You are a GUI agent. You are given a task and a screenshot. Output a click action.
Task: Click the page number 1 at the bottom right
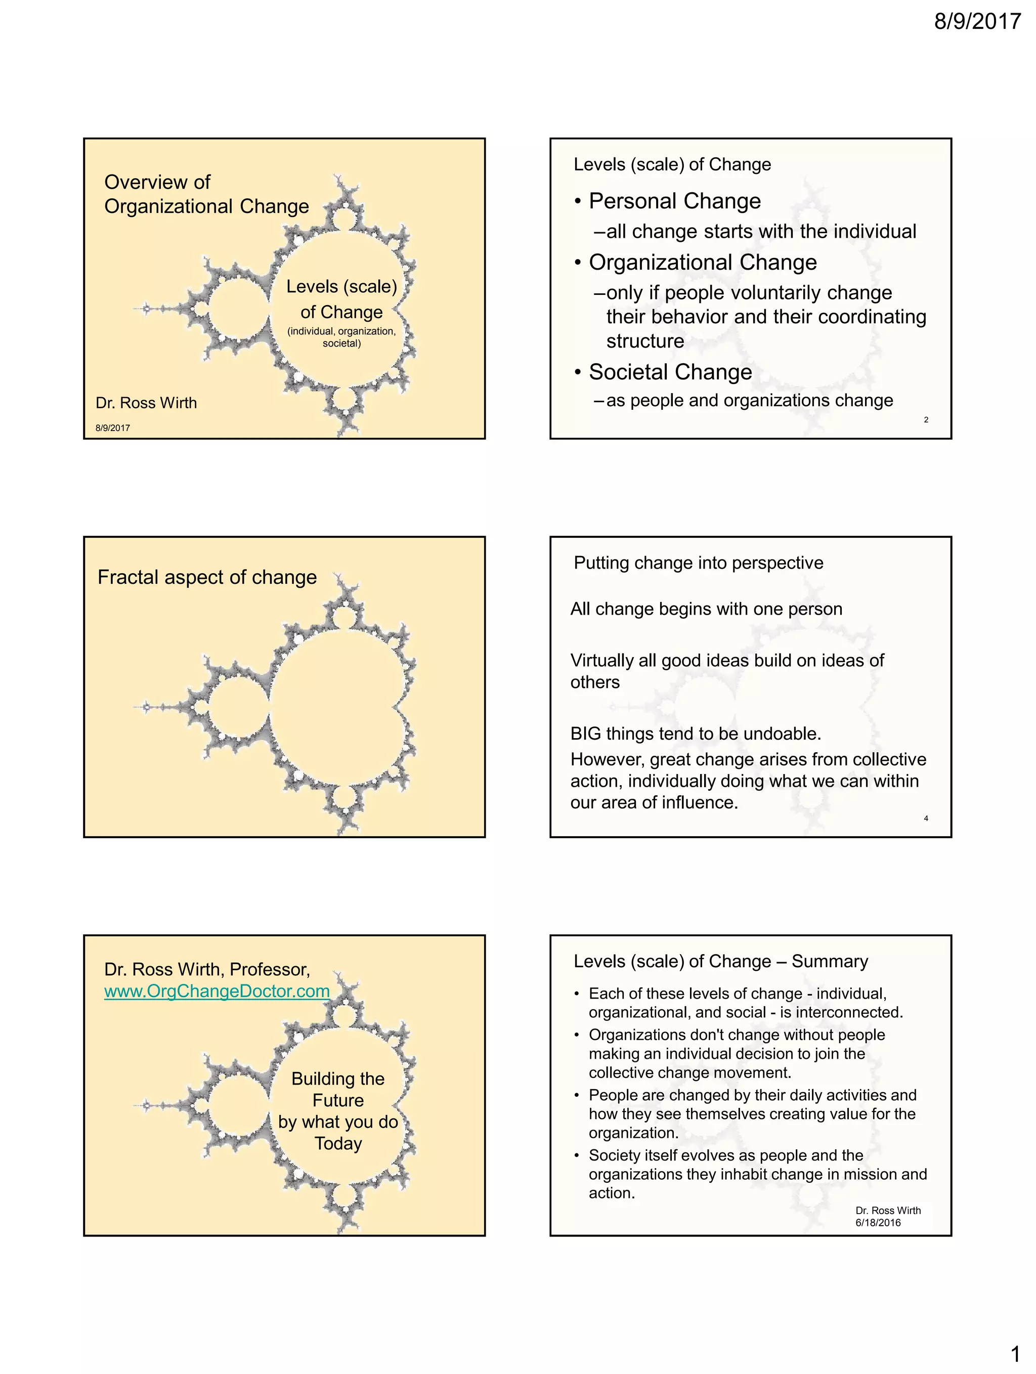click(x=1015, y=1353)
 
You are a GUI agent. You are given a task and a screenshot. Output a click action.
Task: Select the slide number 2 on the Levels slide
click(x=925, y=420)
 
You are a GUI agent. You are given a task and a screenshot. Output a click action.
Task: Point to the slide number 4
click(x=925, y=819)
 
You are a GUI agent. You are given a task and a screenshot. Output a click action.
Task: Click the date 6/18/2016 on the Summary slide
click(x=878, y=1222)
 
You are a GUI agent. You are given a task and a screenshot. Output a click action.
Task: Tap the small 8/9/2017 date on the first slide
click(x=112, y=428)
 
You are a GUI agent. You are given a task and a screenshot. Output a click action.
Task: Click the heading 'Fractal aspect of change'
click(x=207, y=577)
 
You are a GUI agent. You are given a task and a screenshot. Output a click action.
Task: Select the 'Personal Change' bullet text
click(x=674, y=201)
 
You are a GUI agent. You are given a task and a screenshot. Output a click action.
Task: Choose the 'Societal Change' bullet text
click(x=670, y=372)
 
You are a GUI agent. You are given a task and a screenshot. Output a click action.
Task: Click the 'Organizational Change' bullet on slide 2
click(x=703, y=263)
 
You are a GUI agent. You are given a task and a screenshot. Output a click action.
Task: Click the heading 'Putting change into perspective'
click(x=698, y=563)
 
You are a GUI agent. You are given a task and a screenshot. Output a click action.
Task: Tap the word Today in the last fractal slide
click(x=338, y=1143)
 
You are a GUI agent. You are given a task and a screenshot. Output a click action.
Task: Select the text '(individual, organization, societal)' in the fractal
click(x=341, y=337)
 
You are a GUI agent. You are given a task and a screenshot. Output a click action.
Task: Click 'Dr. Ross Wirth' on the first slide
click(x=146, y=403)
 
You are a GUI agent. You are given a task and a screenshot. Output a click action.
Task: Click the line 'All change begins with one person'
click(x=706, y=609)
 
